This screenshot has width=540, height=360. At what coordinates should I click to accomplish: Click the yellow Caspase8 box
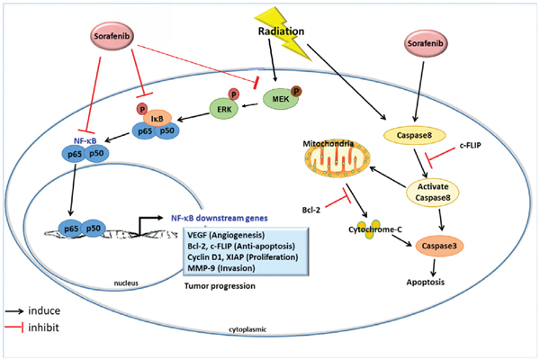[414, 134]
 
